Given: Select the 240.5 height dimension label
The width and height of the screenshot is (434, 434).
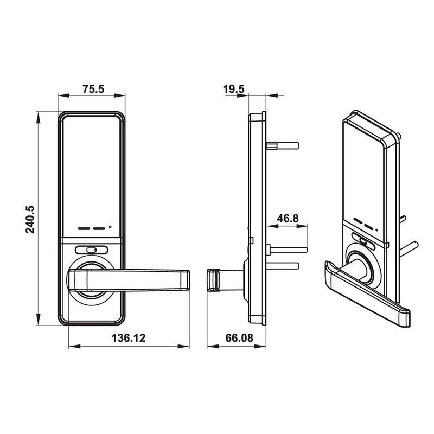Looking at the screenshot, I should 30,219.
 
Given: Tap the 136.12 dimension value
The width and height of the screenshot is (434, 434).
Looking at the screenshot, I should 129,338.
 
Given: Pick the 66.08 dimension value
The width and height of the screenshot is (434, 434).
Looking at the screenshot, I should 239,338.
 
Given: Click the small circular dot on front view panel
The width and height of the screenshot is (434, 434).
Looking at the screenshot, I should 110,227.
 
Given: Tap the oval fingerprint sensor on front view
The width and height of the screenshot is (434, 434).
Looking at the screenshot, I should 91,250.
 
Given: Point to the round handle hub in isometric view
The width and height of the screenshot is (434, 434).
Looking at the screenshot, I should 359,265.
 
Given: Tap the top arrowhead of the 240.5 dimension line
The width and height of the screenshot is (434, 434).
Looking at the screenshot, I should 38,115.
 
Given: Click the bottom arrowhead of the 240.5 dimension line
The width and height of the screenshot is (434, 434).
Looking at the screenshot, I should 38,321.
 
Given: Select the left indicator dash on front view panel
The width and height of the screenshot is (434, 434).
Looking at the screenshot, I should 84,228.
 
